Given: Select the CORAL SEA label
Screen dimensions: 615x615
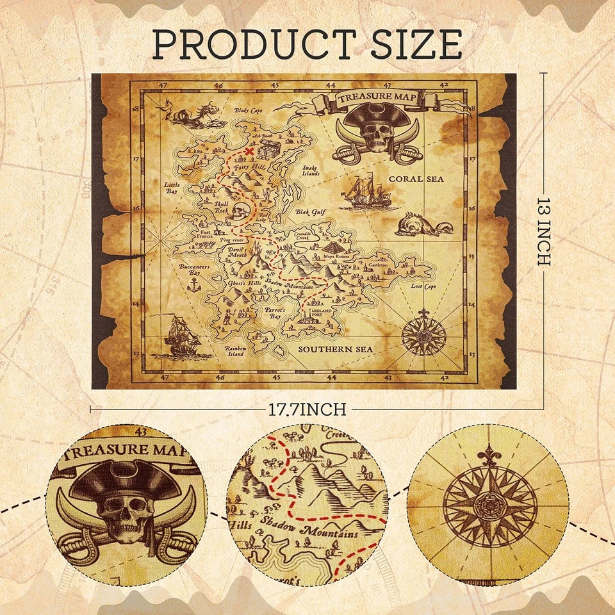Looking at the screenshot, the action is pyautogui.click(x=416, y=179).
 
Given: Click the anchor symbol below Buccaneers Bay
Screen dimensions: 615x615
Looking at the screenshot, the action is pyautogui.click(x=190, y=283).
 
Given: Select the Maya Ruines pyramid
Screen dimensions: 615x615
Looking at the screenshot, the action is pyautogui.click(x=333, y=247).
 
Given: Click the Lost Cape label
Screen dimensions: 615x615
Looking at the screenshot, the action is pyautogui.click(x=423, y=286).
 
